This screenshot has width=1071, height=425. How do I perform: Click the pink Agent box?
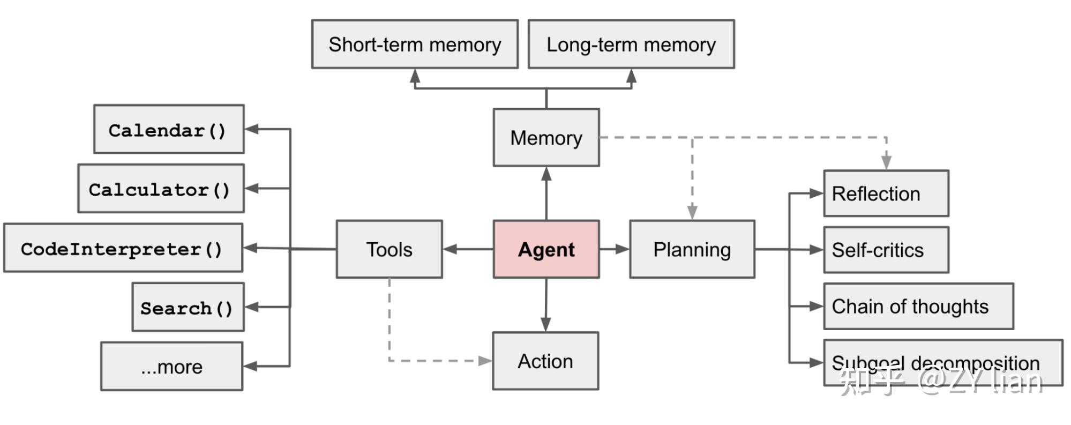point(546,249)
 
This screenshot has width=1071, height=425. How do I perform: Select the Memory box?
point(546,138)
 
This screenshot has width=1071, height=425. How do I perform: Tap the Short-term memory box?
point(415,44)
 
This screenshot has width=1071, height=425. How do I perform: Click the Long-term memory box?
point(631,44)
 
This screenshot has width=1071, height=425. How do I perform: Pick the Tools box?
point(389,249)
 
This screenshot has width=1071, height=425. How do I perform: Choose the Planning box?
point(692,249)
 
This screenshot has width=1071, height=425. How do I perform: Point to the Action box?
point(545,361)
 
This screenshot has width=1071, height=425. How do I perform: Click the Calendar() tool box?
point(168,130)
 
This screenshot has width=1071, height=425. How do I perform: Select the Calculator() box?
point(161,189)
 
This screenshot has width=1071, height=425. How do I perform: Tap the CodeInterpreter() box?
point(123,248)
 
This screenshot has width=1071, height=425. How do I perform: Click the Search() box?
point(188,307)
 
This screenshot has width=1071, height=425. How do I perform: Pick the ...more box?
point(171,367)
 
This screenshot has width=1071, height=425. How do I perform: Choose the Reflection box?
point(886,193)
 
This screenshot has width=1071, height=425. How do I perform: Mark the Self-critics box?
point(886,250)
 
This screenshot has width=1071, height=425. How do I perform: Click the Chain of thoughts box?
point(918,306)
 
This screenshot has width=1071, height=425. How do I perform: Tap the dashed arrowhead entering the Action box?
point(485,361)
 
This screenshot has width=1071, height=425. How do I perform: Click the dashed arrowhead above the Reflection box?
point(886,161)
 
